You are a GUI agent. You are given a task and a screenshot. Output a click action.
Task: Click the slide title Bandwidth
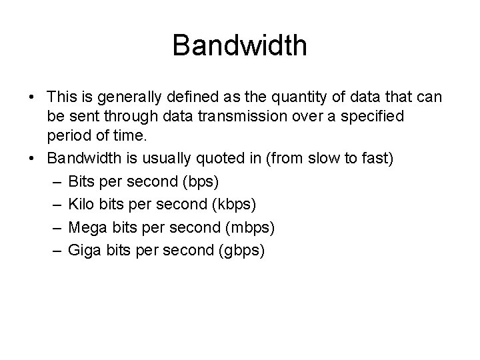tap(239, 45)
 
